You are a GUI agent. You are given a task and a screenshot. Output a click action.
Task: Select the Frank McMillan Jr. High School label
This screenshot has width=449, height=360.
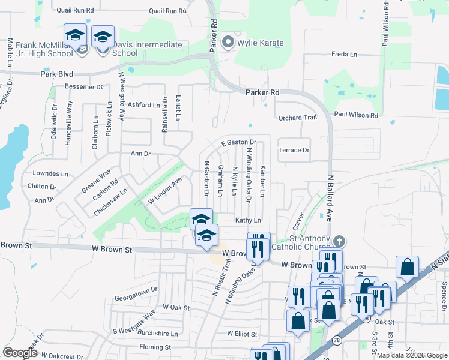click(44, 49)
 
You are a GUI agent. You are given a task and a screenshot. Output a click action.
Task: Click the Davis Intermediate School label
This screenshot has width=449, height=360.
click(139, 49)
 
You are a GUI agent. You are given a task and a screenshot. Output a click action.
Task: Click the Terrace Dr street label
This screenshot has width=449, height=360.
click(294, 150)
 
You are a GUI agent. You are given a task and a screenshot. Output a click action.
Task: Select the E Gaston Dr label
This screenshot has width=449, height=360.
click(238, 142)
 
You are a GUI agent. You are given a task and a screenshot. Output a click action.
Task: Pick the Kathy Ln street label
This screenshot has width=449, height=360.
click(248, 221)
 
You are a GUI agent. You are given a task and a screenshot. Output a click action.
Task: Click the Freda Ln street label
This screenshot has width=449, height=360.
click(344, 55)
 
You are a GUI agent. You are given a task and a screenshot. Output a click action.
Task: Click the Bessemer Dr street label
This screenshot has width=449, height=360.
click(84, 86)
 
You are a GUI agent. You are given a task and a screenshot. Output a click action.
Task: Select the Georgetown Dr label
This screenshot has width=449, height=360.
click(136, 289)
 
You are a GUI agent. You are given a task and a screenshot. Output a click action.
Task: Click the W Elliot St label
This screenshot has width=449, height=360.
click(242, 334)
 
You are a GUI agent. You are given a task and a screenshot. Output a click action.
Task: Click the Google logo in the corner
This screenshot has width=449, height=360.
click(20, 352)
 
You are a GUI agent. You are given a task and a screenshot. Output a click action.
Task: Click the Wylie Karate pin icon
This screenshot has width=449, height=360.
click(228, 43)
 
